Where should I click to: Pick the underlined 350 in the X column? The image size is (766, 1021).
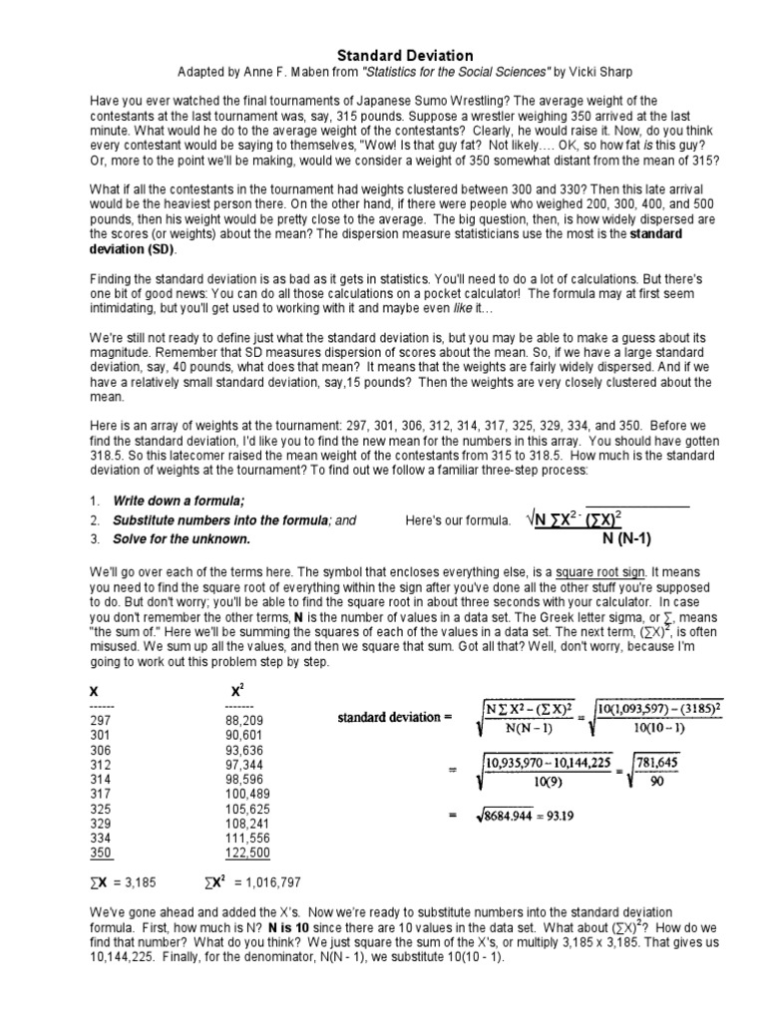[101, 853]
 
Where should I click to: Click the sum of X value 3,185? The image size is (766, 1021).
[142, 881]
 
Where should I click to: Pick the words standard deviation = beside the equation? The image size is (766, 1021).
[395, 716]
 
